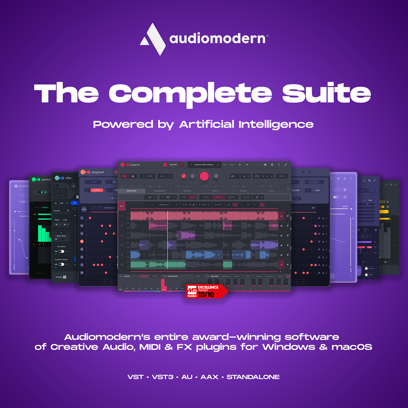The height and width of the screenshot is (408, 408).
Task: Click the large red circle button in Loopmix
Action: [204, 176]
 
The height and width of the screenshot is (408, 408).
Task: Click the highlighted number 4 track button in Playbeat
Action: [82, 241]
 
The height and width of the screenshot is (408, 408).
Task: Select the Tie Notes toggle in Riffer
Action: [61, 251]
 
